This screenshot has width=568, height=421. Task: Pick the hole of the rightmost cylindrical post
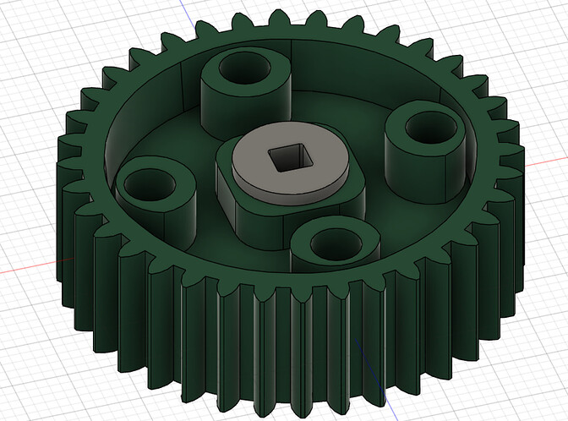click(x=427, y=128)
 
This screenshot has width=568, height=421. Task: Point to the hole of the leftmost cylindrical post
click(x=151, y=181)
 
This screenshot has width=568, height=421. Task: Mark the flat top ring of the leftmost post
click(x=127, y=183)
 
